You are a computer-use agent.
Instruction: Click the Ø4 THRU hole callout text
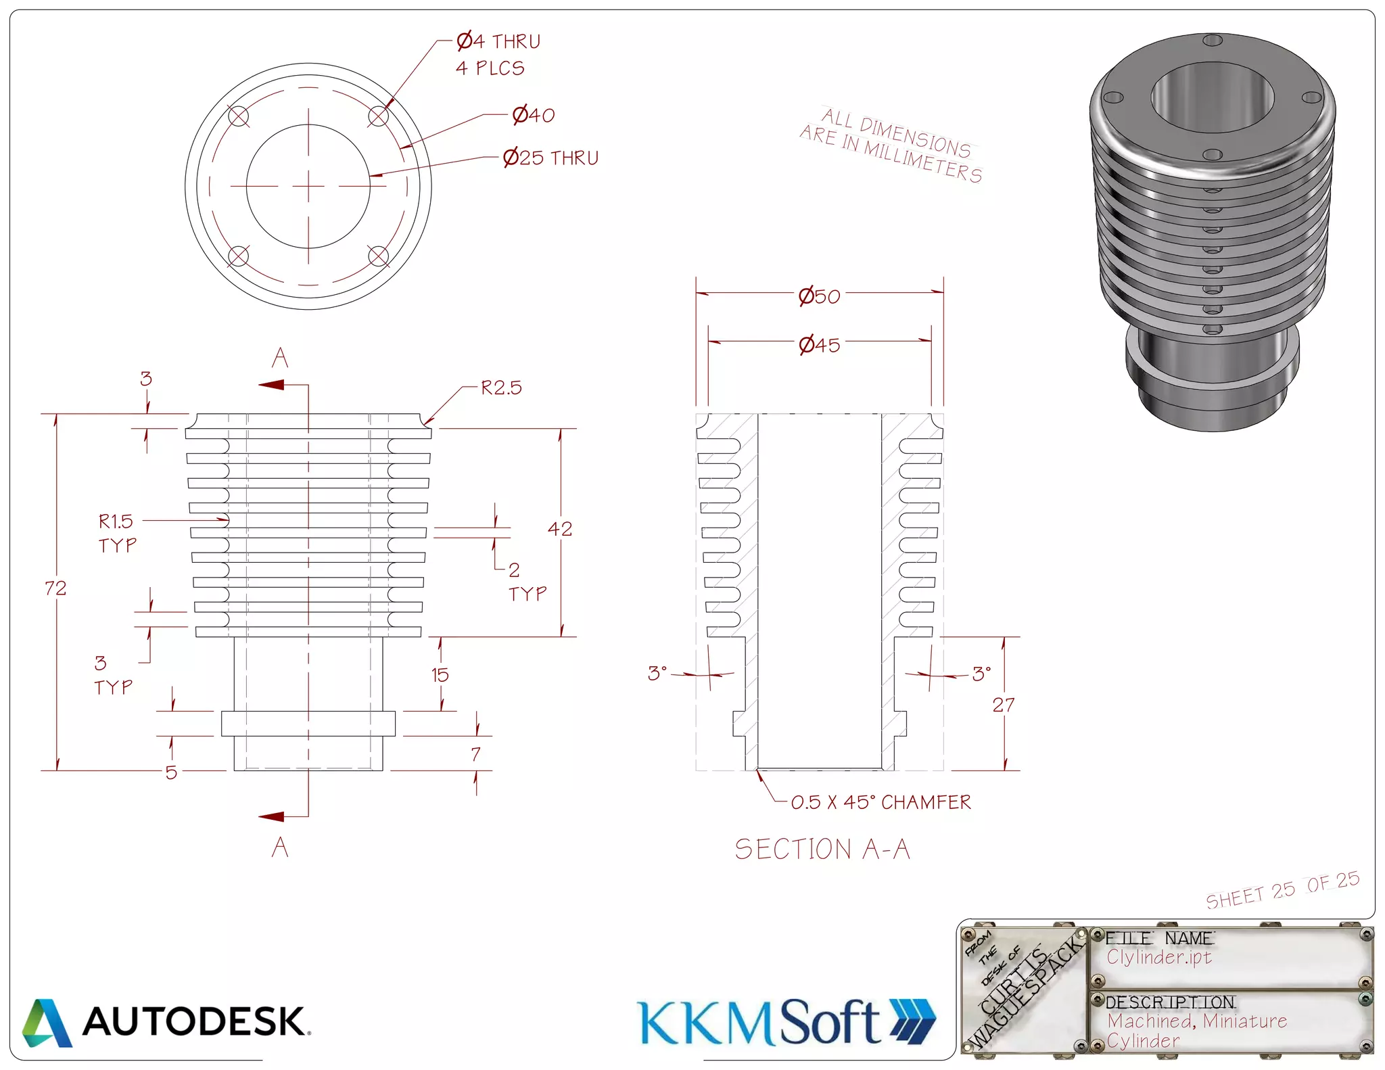[x=498, y=42]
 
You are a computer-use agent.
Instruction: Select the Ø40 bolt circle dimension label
[x=533, y=116]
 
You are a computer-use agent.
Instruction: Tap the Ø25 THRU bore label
[x=550, y=158]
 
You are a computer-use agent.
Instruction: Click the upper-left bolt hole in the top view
[x=239, y=116]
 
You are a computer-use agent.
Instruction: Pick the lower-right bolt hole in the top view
[x=378, y=256]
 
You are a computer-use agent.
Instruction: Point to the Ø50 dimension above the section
[x=819, y=296]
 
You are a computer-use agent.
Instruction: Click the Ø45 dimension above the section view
[x=819, y=346]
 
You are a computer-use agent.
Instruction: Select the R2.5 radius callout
[x=501, y=388]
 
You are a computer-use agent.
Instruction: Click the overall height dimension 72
[x=55, y=588]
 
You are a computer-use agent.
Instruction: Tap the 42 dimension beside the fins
[x=560, y=529]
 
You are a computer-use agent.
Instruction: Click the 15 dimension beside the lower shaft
[x=440, y=675]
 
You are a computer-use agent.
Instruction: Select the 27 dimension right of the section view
[x=1003, y=705]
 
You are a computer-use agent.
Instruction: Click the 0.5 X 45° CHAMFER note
[x=881, y=803]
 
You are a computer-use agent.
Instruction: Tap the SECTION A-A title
[x=822, y=850]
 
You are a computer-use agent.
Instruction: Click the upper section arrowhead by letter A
[x=272, y=385]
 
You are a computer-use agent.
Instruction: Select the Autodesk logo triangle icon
[x=46, y=1023]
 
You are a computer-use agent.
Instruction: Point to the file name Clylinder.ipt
[x=1158, y=957]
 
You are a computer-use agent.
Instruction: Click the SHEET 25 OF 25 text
[x=1282, y=891]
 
